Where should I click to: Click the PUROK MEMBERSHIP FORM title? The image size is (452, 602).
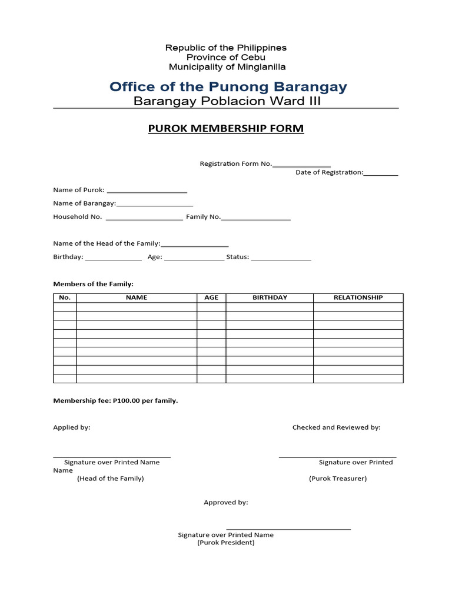click(x=226, y=129)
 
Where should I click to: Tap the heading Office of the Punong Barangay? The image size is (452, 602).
click(x=228, y=87)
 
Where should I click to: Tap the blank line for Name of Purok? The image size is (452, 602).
click(x=147, y=191)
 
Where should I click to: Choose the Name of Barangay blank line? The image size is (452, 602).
click(x=155, y=205)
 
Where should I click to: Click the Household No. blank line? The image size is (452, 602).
click(x=144, y=218)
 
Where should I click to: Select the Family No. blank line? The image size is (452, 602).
click(x=256, y=218)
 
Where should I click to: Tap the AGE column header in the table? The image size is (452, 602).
click(x=211, y=297)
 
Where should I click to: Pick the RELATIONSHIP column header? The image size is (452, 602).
click(x=358, y=297)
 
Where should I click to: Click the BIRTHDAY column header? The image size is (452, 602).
click(x=270, y=297)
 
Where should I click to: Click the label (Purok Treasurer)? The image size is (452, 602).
click(x=338, y=479)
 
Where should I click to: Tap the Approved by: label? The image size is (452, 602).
click(x=226, y=503)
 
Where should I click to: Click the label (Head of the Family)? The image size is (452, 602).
click(x=111, y=479)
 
